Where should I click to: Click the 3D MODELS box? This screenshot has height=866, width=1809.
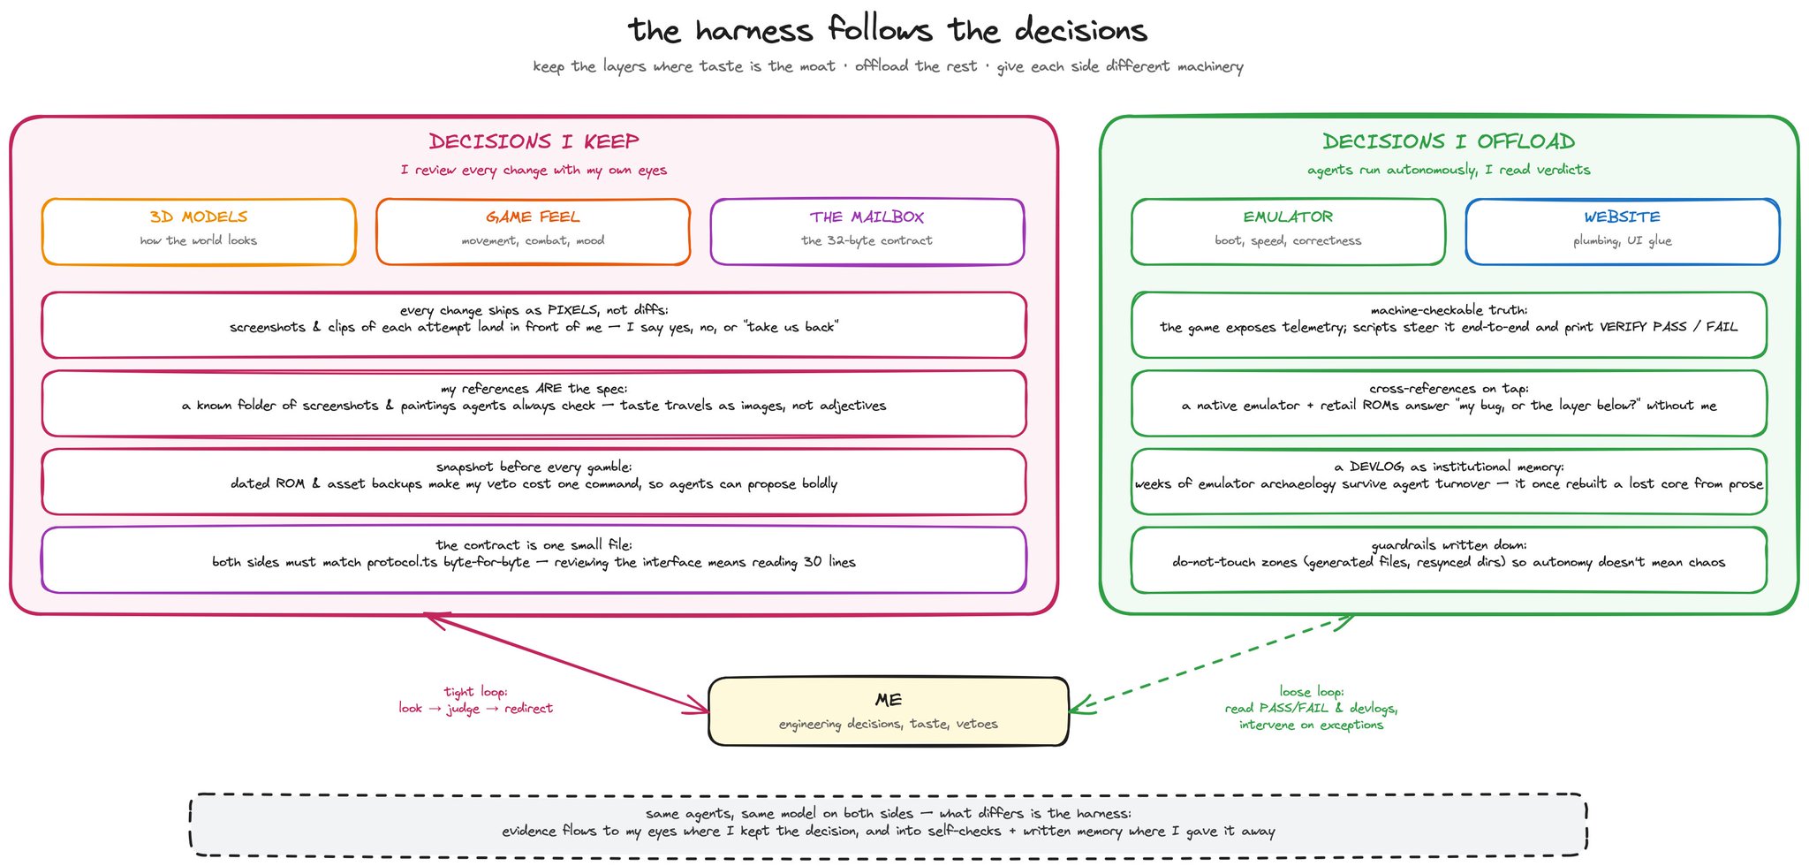[199, 232]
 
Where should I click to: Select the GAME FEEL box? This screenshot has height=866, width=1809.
[533, 232]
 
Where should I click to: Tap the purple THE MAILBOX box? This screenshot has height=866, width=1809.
[867, 232]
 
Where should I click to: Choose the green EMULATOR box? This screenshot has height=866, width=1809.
[1288, 232]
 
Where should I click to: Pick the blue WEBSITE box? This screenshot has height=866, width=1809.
[1622, 232]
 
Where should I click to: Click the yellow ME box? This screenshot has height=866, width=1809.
[889, 711]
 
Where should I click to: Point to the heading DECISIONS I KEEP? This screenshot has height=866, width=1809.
[534, 141]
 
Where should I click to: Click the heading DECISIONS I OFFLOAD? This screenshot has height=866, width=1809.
[1449, 141]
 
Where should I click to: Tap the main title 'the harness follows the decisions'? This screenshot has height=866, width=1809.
[888, 30]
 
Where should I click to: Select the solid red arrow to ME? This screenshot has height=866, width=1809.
[567, 663]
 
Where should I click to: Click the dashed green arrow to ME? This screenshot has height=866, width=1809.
[1211, 663]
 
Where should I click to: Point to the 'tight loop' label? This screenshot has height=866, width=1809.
[475, 700]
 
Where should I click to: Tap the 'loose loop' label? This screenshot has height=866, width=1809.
[1311, 708]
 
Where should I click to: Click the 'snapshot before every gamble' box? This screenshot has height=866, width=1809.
[534, 482]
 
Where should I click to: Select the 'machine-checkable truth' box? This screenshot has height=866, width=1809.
[1449, 325]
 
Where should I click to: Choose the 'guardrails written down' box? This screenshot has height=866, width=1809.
[1449, 560]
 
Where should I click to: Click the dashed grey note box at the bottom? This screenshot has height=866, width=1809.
[888, 824]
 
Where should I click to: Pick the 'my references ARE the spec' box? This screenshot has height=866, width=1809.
[534, 403]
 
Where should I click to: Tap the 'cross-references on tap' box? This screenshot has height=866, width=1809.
[1449, 403]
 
